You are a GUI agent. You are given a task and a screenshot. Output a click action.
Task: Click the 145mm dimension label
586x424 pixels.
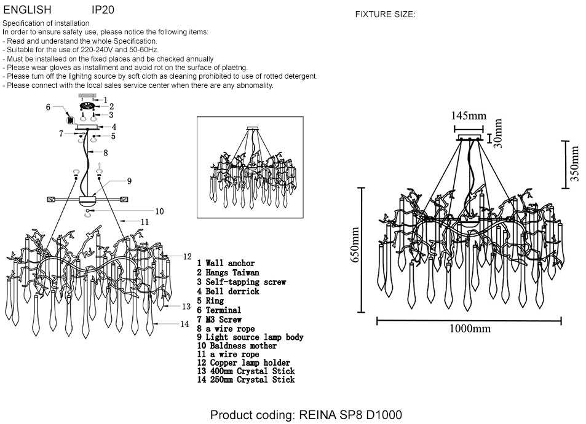click(469, 116)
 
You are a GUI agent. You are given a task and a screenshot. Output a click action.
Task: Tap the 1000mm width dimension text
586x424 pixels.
click(470, 329)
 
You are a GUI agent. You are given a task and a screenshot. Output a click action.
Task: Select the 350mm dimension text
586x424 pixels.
click(574, 163)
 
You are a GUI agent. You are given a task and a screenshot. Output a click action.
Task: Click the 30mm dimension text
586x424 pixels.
click(498, 133)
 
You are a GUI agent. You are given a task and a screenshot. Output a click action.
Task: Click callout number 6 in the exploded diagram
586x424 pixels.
click(48, 107)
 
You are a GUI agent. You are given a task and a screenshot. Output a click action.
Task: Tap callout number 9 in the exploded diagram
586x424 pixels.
click(129, 181)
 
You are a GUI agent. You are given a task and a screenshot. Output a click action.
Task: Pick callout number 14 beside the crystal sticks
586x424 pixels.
click(184, 324)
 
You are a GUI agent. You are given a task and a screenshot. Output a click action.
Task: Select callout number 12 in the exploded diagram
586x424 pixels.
click(187, 257)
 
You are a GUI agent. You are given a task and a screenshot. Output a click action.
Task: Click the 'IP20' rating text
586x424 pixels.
click(103, 9)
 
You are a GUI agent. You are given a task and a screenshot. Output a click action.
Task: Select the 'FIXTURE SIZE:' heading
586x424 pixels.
click(386, 15)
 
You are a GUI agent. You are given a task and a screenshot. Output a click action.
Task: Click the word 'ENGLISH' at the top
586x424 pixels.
click(27, 9)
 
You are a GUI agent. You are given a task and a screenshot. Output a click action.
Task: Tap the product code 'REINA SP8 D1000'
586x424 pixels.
click(350, 415)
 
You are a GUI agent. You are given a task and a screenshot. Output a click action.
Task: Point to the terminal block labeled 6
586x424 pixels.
click(69, 120)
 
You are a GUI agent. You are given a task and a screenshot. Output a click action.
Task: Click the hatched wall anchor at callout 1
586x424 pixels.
click(87, 96)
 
